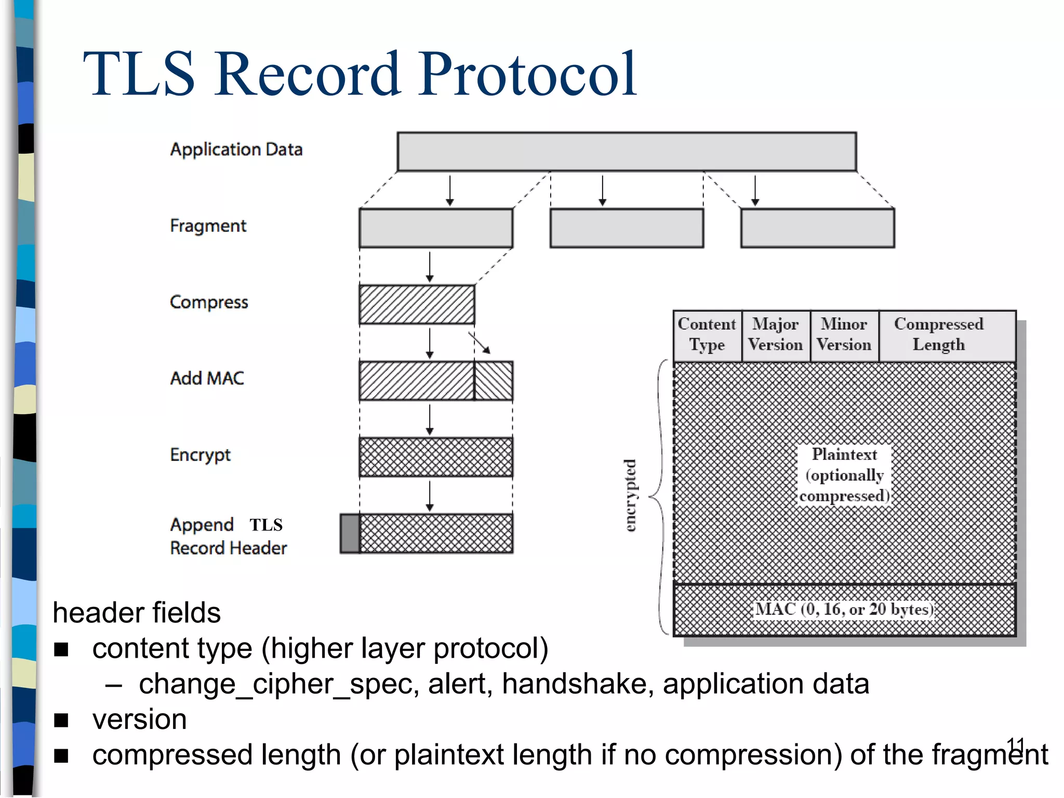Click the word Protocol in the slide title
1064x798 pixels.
click(527, 74)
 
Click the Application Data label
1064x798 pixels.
click(236, 150)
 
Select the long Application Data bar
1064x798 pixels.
click(627, 152)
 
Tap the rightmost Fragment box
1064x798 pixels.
click(817, 228)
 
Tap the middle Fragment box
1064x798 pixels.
click(627, 228)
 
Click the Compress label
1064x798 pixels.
click(209, 302)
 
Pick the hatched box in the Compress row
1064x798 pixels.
click(417, 304)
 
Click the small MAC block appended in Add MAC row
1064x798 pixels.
click(494, 381)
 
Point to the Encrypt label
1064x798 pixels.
click(200, 455)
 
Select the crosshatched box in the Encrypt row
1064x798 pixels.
click(436, 457)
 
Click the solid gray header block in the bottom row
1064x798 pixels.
click(350, 534)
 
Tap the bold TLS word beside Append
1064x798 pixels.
click(266, 525)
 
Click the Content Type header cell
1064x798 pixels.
click(707, 335)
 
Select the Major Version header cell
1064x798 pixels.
click(775, 335)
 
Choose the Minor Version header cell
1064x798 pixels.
click(844, 335)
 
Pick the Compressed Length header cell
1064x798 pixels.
click(938, 335)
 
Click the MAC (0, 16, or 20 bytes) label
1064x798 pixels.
click(844, 609)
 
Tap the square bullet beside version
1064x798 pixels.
click(61, 720)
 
